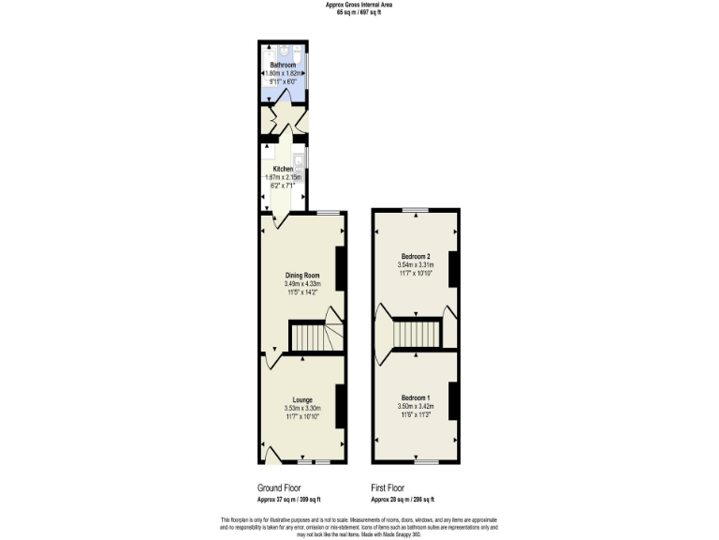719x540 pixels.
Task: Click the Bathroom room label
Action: point(283,65)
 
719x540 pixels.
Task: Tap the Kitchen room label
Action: point(283,169)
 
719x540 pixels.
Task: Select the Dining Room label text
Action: point(302,276)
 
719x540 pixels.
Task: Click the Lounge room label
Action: point(301,399)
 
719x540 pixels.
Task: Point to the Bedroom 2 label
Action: point(416,257)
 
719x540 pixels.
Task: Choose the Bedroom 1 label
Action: point(416,397)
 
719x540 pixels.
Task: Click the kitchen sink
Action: point(299,160)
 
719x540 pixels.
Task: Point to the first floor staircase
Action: point(416,333)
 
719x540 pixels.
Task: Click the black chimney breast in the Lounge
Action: point(341,406)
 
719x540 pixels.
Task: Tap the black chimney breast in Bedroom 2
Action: point(453,270)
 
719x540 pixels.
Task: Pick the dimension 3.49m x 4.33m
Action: point(302,284)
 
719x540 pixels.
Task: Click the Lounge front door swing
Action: point(272,456)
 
